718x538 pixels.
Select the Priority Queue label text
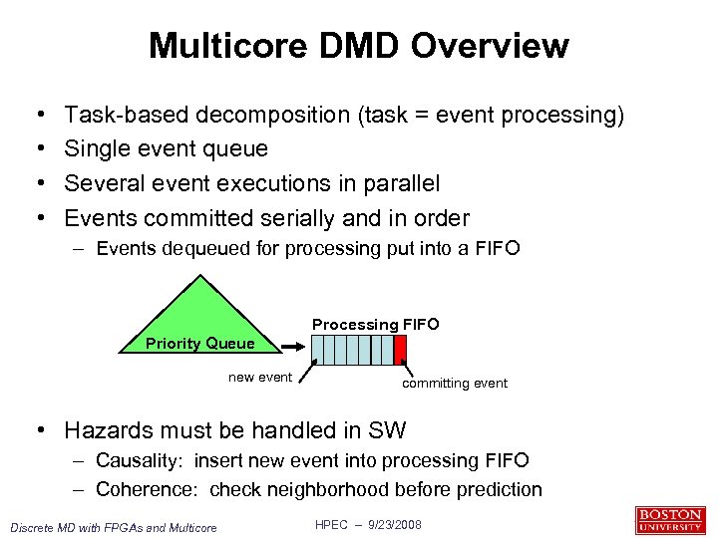(199, 344)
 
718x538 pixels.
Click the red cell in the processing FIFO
(400, 349)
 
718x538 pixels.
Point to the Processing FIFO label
(375, 324)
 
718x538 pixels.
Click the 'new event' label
(260, 377)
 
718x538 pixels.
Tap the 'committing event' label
(455, 383)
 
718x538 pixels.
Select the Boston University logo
(669, 520)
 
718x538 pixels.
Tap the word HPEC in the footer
(332, 524)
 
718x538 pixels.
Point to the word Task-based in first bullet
(126, 115)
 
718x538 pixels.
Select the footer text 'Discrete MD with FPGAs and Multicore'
(113, 527)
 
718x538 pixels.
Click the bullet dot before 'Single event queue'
(36, 149)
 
